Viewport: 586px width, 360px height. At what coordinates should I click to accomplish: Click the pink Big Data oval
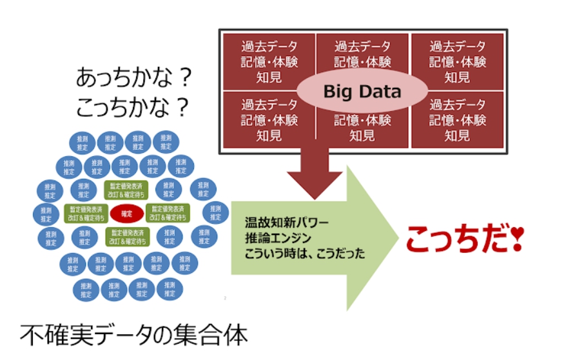click(362, 91)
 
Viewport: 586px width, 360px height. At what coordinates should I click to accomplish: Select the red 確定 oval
click(127, 212)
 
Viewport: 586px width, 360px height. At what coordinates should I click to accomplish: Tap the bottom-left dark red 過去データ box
click(269, 119)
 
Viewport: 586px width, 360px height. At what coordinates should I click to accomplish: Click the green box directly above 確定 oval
click(127, 189)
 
